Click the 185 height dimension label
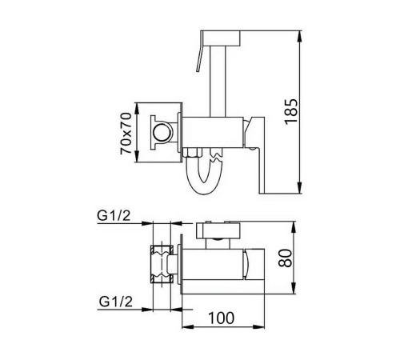pos(291,111)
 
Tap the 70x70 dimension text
pos(126,134)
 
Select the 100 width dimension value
pos(222,318)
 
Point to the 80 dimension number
pos(285,258)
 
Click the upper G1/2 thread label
pos(114,215)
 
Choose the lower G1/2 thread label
pos(116,302)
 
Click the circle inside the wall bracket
pos(162,132)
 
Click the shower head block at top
pos(220,38)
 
